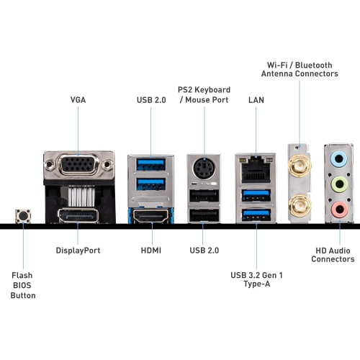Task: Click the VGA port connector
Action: point(78,168)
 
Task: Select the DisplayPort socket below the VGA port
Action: point(78,215)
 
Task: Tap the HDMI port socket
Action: point(151,215)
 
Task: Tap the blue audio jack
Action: point(338,161)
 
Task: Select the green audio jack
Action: point(338,184)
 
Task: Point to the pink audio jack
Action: point(338,209)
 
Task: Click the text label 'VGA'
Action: point(78,100)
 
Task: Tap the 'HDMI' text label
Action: point(151,251)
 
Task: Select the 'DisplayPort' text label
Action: point(78,251)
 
